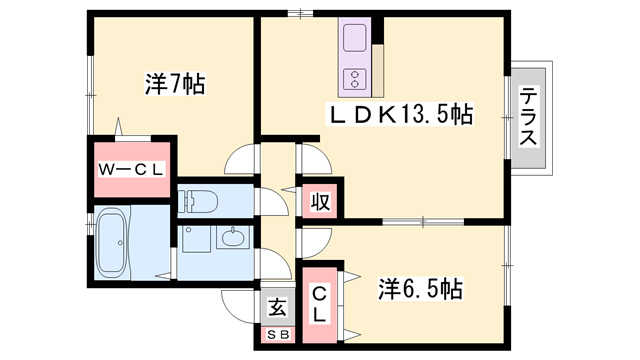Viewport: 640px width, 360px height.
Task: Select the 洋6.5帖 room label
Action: pos(420,289)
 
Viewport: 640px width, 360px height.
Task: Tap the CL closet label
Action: pos(319,304)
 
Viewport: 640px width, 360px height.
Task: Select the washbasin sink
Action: pos(231,239)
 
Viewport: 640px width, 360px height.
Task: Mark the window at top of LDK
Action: pos(296,13)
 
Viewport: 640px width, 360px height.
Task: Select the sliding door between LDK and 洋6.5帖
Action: pos(420,221)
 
